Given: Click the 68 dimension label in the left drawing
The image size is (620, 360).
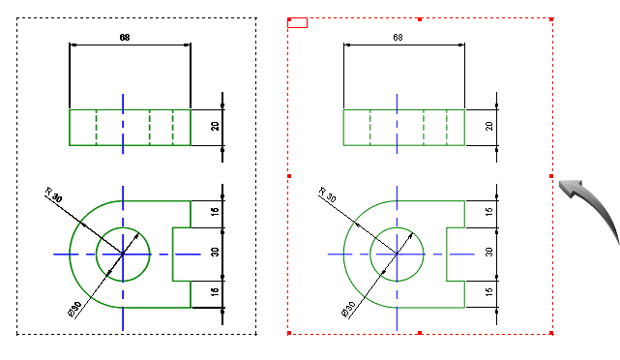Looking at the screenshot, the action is click(125, 37).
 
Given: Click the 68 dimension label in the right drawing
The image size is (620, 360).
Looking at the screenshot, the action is click(398, 37).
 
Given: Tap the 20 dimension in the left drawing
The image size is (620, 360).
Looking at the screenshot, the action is click(215, 126).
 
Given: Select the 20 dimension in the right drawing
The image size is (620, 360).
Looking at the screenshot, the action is click(489, 126).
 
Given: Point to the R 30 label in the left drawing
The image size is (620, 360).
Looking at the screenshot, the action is click(53, 195).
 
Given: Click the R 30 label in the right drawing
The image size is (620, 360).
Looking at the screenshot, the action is click(327, 195).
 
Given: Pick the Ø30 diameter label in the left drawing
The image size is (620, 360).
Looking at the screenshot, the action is click(74, 310).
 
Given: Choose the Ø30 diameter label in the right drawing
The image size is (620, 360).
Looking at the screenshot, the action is click(348, 310).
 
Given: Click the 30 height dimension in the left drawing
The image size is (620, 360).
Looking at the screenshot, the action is click(215, 252).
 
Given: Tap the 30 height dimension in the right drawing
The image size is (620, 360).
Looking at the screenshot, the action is click(489, 252).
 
